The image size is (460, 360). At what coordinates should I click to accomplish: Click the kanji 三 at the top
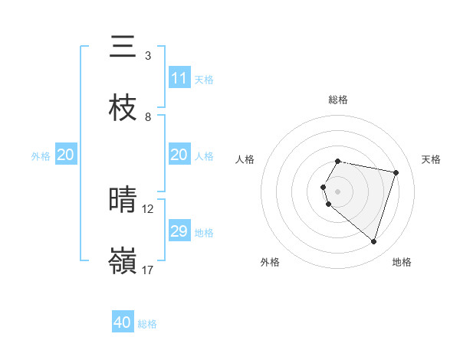pos(123,47)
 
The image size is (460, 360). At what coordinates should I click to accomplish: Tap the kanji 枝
pos(123,108)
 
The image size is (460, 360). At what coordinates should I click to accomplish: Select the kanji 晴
pos(123,200)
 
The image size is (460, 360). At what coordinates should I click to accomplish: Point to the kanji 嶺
pos(123,261)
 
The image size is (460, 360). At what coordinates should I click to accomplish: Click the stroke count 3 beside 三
pos(147,56)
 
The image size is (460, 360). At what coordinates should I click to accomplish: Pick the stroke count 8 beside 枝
pos(147,117)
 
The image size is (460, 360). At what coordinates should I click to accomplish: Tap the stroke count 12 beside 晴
pos(148,208)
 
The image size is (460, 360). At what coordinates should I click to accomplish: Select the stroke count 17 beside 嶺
pos(148,270)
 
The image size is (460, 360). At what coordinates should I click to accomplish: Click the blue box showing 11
pos(179,78)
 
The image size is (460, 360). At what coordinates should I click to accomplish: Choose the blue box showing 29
pos(179,231)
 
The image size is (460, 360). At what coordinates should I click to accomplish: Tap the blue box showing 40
pos(123,323)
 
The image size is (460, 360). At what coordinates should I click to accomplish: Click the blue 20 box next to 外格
pos(65,155)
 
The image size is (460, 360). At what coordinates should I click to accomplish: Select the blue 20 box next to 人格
pos(179,155)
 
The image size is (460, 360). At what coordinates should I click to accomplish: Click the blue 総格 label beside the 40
pos(147,324)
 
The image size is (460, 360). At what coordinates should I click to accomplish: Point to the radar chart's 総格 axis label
pos(338,100)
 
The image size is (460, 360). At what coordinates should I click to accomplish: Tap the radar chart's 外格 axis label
pos(270,262)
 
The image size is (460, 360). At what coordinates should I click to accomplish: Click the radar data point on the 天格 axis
pos(396,172)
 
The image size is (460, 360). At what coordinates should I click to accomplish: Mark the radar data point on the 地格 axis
pos(373,241)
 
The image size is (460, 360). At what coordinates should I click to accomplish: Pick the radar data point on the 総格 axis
pos(338,161)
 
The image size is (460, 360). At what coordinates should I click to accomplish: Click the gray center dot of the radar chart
pos(338,191)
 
